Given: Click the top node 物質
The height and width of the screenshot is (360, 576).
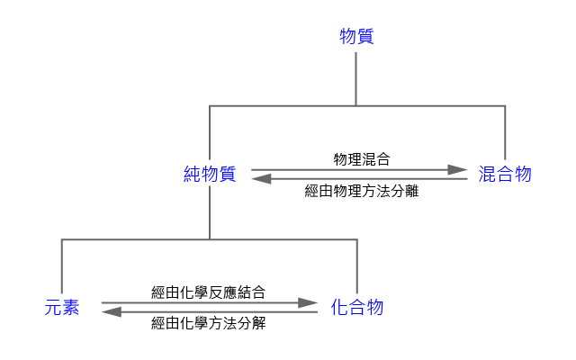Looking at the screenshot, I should coord(356,37).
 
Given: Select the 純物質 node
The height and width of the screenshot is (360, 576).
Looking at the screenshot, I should coord(210,175).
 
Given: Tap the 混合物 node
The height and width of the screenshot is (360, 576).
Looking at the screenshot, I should coord(505,175).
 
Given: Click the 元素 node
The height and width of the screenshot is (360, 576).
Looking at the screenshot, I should coord(62,308).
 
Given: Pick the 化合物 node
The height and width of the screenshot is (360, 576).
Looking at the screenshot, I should coord(357,308).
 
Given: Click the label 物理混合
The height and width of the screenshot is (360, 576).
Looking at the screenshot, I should coord(361,158).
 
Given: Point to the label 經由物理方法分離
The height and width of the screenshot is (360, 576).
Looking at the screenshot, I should coord(361,191).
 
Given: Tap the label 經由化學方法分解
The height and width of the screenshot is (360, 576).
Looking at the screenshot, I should coord(209,324).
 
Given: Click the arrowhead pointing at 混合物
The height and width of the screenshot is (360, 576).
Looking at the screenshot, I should coord(460,169).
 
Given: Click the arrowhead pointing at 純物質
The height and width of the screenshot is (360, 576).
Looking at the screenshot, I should coord(260,180).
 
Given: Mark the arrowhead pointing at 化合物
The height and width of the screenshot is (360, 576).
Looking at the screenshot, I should coord(310,303).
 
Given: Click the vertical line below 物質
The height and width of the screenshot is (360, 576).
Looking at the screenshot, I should coord(357,79).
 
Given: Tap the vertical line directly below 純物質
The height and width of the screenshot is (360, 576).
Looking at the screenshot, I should coord(210,212).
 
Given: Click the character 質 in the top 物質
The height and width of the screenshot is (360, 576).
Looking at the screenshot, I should coord(365,37).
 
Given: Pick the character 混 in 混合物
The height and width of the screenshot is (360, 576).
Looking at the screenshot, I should coord(487,175).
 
